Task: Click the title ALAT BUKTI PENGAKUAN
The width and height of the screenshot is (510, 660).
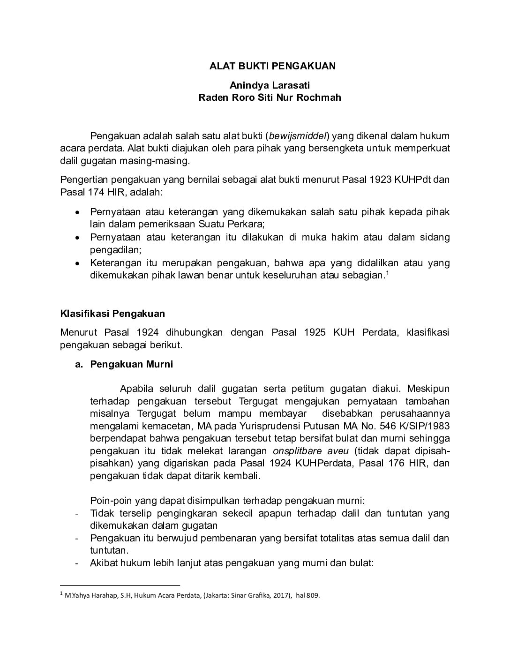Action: pyautogui.click(x=272, y=66)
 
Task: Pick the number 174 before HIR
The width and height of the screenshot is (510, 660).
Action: pyautogui.click(x=97, y=192)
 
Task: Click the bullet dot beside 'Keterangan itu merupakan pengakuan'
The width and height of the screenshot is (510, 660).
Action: pyautogui.click(x=78, y=263)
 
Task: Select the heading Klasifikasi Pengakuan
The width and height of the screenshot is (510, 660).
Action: pyautogui.click(x=112, y=314)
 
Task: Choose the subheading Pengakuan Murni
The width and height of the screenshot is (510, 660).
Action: pyautogui.click(x=132, y=364)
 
